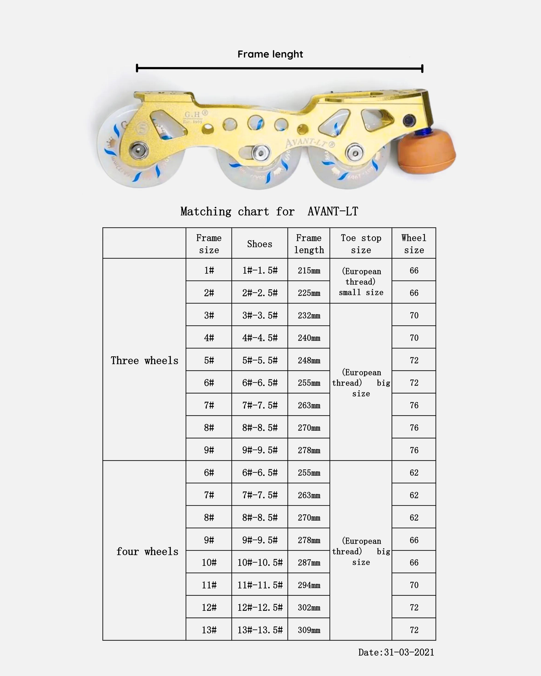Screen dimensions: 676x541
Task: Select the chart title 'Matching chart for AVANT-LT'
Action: (x=269, y=211)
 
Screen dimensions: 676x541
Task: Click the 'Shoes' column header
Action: (x=259, y=244)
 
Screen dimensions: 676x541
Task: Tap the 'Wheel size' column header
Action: (x=414, y=244)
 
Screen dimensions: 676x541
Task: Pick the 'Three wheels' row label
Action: (x=144, y=360)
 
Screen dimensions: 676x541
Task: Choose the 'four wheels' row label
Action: (x=147, y=551)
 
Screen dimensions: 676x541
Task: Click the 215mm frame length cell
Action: (x=309, y=270)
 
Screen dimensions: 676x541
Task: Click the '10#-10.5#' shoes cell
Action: (x=260, y=562)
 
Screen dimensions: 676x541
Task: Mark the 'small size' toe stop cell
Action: (x=361, y=281)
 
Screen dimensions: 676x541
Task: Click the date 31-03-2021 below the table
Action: (x=396, y=652)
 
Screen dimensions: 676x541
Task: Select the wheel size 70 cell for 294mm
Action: (x=414, y=585)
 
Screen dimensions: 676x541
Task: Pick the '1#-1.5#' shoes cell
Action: (x=260, y=270)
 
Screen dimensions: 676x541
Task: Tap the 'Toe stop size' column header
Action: (x=361, y=244)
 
